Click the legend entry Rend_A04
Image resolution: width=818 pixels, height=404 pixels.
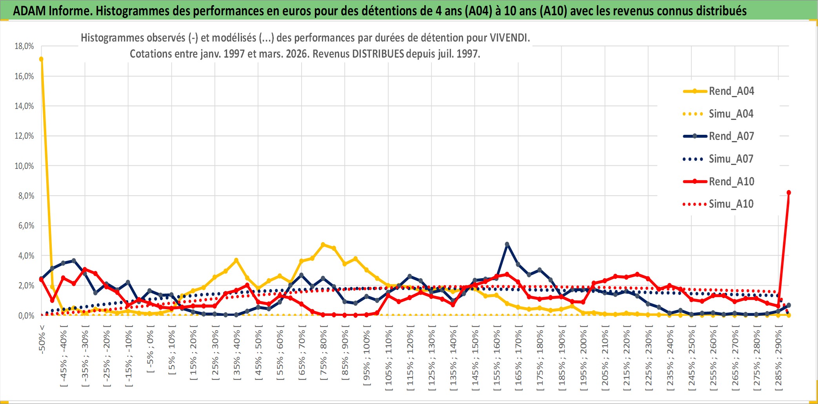point(731,91)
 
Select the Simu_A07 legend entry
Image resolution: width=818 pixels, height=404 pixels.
point(731,159)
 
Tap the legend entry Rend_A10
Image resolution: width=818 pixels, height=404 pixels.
point(731,181)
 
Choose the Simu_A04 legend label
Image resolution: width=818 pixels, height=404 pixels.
point(731,114)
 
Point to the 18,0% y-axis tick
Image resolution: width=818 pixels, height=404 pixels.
point(24,46)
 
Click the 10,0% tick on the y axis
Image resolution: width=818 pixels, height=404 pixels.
point(24,166)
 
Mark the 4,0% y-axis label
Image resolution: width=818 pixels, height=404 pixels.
point(26,255)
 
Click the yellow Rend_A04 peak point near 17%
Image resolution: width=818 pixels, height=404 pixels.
point(41,59)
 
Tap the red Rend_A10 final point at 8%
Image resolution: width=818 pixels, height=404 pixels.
point(789,192)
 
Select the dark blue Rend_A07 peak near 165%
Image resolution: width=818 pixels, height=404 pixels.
point(507,244)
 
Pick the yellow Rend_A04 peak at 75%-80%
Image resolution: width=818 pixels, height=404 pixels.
point(323,245)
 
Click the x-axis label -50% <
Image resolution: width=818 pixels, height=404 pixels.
point(42,339)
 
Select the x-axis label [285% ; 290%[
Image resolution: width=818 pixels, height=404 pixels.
point(778,360)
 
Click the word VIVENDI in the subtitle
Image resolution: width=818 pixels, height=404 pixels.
point(510,38)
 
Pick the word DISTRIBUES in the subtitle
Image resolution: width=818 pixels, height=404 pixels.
point(378,54)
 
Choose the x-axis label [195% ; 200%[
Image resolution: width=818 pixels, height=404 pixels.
point(584,360)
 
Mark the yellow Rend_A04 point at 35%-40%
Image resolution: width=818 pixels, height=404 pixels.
point(236,260)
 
